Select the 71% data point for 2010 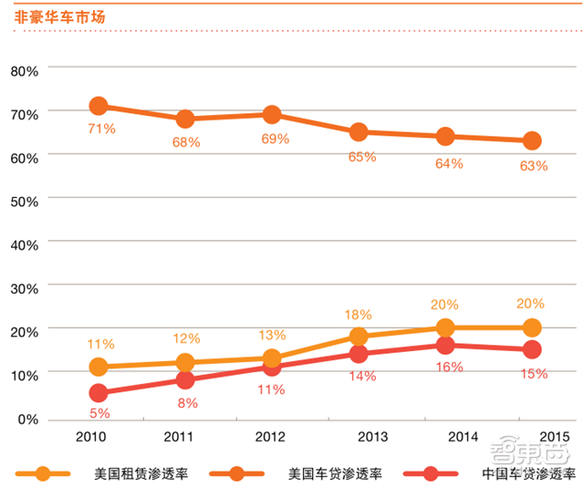pyautogui.click(x=99, y=107)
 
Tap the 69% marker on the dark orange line pyautogui.click(x=272, y=114)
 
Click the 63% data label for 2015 pyautogui.click(x=534, y=165)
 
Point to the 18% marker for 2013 pyautogui.click(x=359, y=337)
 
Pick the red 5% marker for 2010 pyautogui.click(x=99, y=393)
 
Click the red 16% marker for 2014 pyautogui.click(x=445, y=345)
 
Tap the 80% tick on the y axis pyautogui.click(x=25, y=70)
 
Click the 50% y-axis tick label pyautogui.click(x=25, y=200)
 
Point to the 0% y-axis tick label pyautogui.click(x=28, y=419)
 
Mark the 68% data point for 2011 pyautogui.click(x=185, y=119)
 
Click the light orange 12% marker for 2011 pyautogui.click(x=185, y=363)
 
